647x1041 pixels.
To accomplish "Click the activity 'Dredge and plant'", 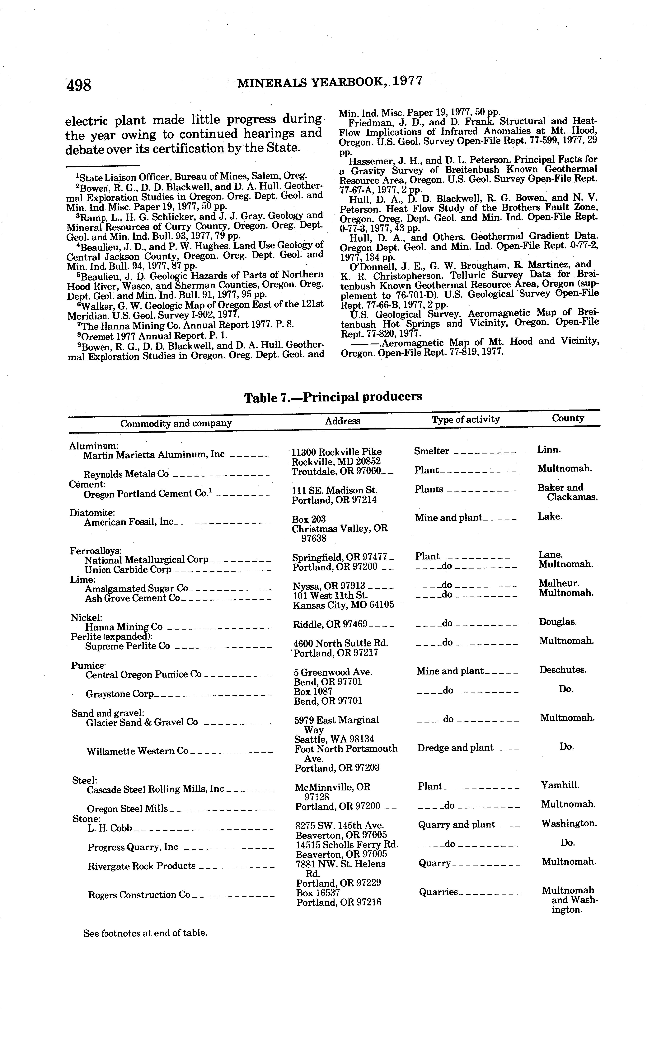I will [x=455, y=748].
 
